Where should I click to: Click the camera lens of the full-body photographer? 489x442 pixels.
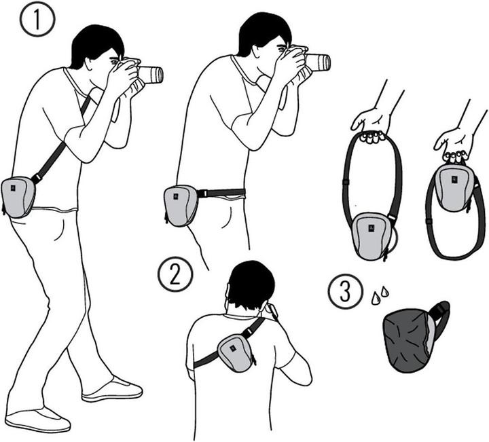click(x=151, y=74)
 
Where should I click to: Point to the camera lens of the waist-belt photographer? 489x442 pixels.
click(x=318, y=62)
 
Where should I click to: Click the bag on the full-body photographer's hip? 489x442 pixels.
click(x=18, y=196)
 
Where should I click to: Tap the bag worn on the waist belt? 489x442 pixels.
click(x=181, y=206)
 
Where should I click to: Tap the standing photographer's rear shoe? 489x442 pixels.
click(x=38, y=419)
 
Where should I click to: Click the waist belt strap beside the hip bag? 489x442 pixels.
click(x=221, y=194)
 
